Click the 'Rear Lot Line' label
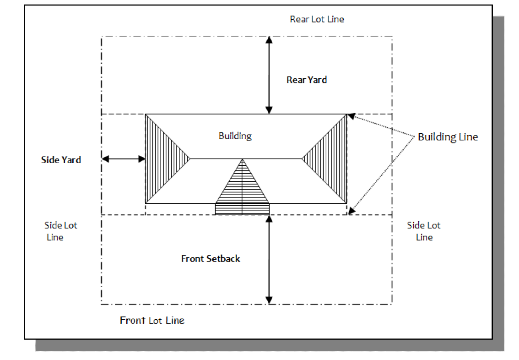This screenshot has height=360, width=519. (317, 19)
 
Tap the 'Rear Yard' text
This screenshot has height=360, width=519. (307, 80)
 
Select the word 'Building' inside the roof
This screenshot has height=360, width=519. (235, 136)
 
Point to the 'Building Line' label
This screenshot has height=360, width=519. (448, 137)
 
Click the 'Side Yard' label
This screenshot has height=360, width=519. (61, 160)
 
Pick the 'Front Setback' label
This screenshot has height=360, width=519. (211, 259)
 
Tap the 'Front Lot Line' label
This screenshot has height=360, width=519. (152, 321)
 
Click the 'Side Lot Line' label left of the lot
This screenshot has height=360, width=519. (60, 231)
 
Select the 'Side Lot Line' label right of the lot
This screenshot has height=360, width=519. (424, 231)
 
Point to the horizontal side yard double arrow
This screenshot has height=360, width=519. (123, 159)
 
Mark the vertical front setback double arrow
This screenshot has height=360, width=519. (269, 259)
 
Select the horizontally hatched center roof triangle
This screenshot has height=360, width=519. (242, 185)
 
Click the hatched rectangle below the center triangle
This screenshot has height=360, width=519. (242, 209)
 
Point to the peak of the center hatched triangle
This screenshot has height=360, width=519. (242, 160)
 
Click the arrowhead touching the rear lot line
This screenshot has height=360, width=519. (269, 39)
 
